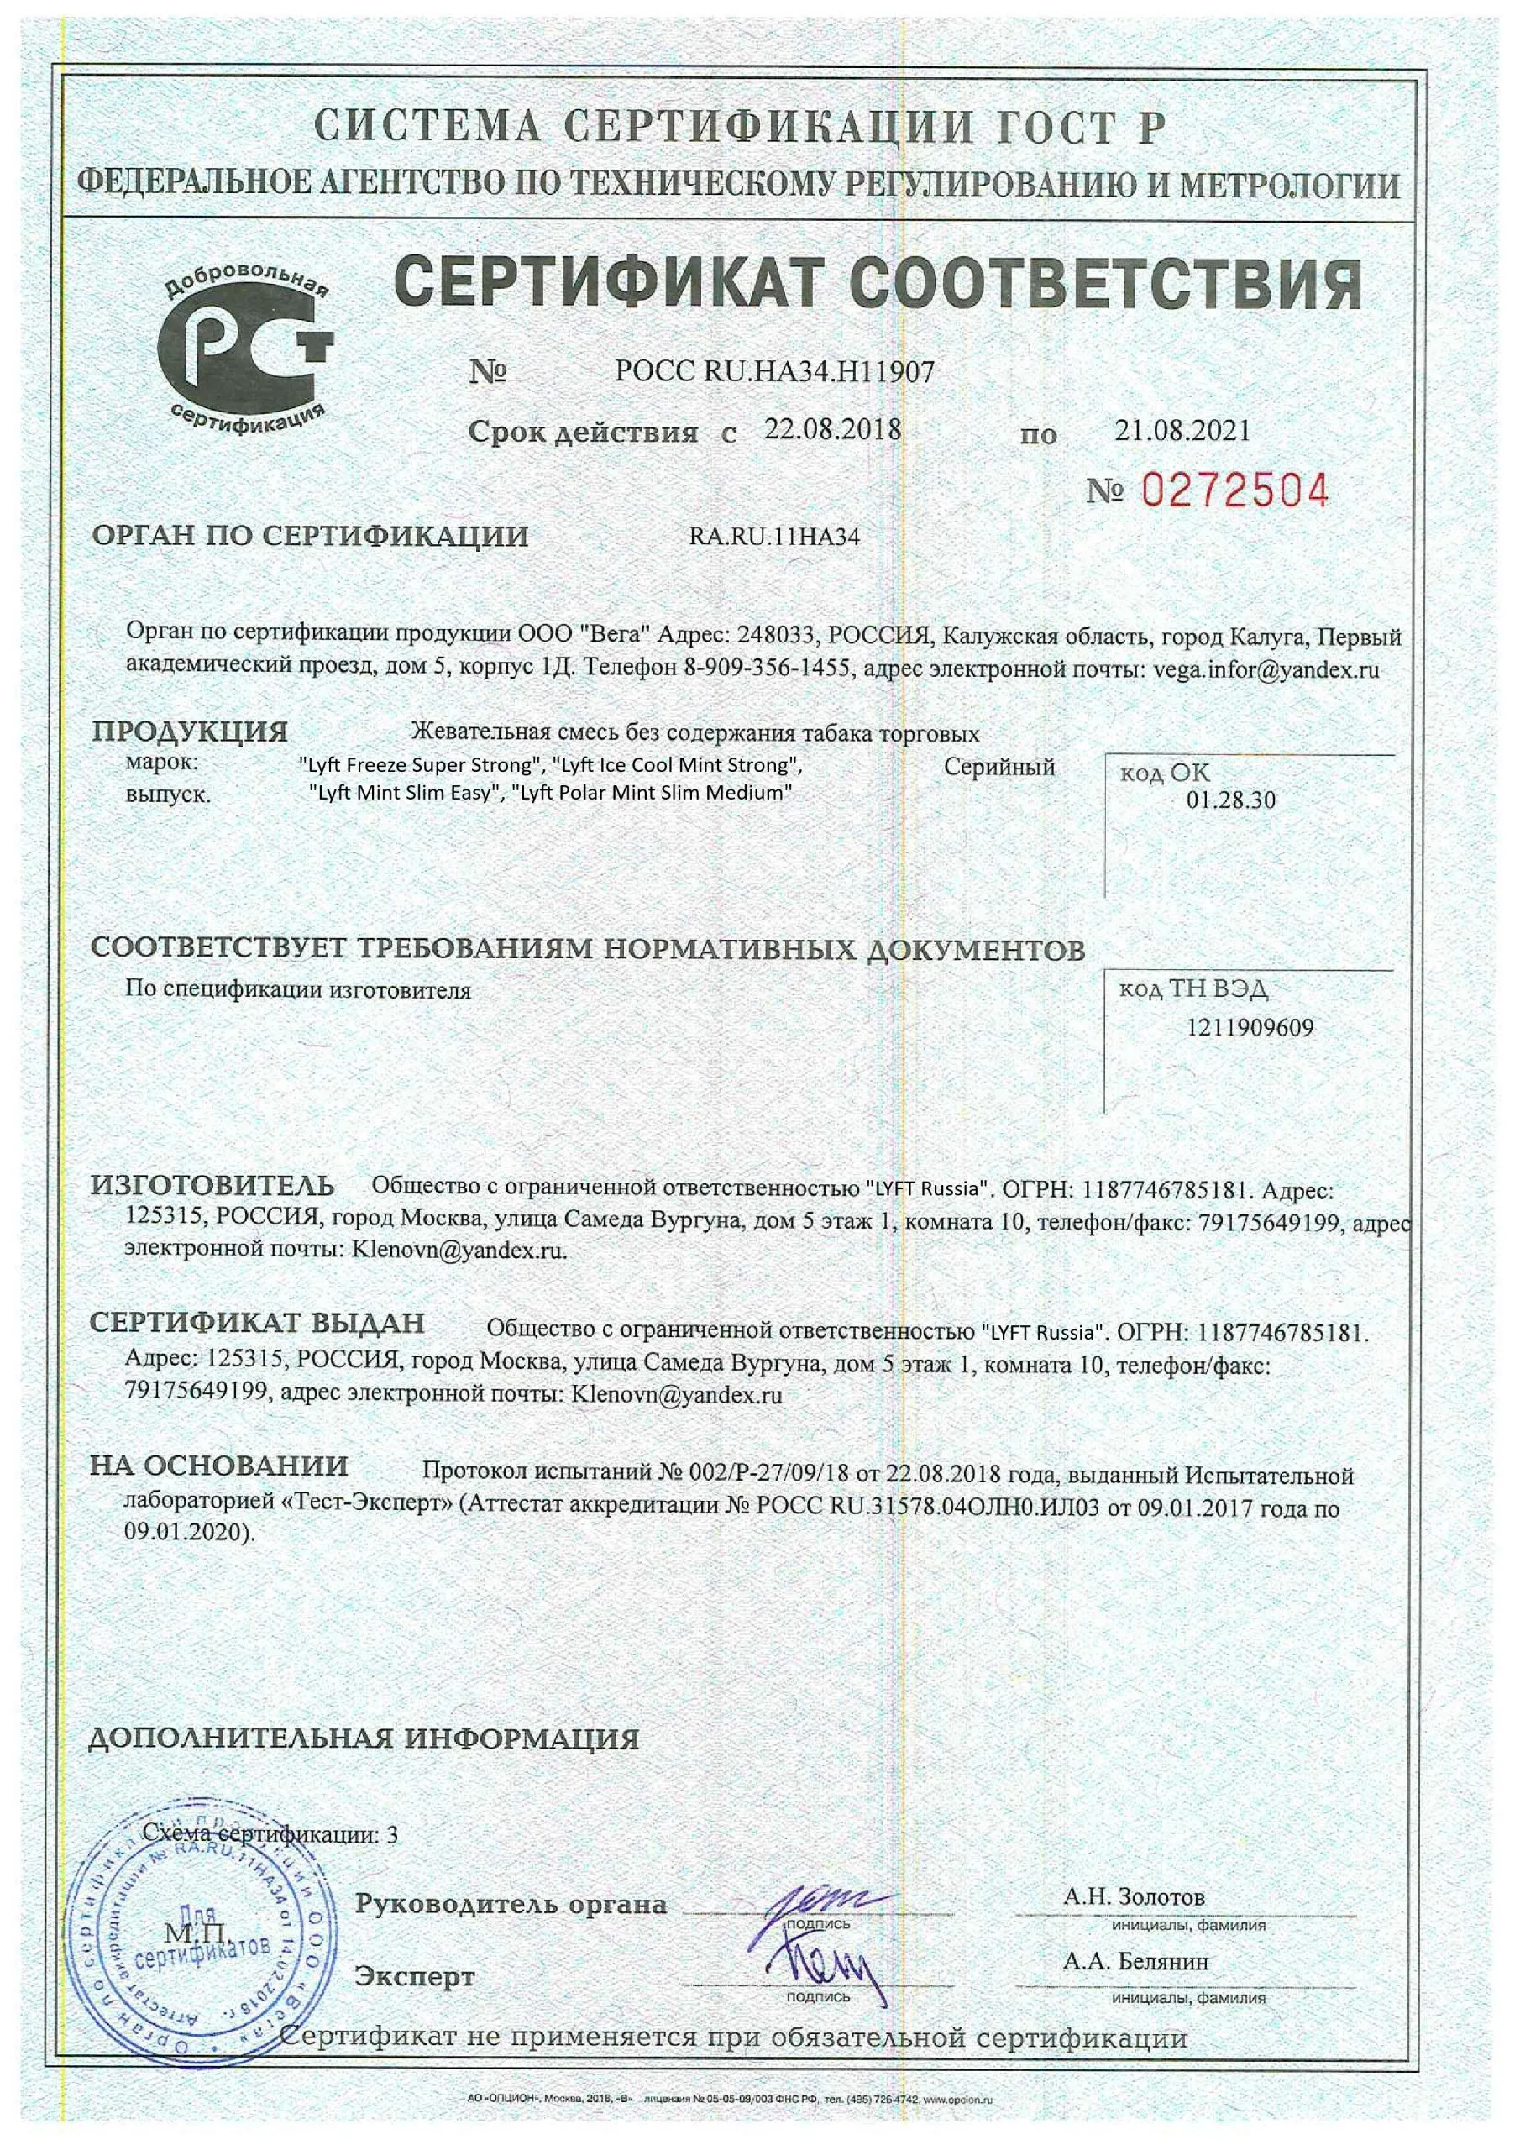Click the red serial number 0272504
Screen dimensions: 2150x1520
point(1235,490)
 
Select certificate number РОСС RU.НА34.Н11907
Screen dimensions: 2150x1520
point(774,372)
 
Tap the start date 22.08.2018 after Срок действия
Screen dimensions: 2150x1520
point(832,430)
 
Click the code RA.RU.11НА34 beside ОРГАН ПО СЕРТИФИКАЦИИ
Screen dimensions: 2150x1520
point(773,537)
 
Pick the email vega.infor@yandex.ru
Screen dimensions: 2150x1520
point(1266,669)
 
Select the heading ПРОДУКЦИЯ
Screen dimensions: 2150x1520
point(190,732)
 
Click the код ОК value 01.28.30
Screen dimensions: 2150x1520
point(1229,800)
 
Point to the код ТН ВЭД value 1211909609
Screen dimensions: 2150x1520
point(1250,1028)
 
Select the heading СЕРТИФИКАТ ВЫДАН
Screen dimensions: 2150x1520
point(258,1322)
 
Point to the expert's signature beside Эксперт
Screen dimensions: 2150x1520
point(824,1969)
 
